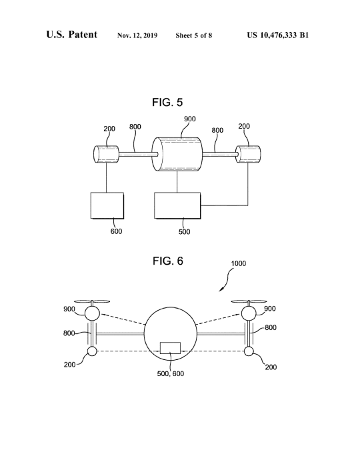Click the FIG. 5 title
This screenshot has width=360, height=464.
(167, 103)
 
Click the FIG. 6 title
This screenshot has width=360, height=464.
(168, 261)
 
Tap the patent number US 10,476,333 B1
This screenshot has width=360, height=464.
(278, 35)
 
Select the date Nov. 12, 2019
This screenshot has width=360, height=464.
(137, 35)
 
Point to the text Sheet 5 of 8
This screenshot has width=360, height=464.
(194, 35)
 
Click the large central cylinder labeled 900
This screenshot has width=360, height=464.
(177, 155)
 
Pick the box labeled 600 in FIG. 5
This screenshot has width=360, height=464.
(107, 205)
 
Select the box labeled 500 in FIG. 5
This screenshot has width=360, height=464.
(177, 205)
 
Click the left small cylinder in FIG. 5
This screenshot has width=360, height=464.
(106, 154)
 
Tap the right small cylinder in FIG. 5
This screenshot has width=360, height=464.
(248, 154)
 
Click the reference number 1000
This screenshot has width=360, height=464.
(239, 263)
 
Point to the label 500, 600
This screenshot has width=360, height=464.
(171, 374)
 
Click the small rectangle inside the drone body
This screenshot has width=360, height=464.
(170, 348)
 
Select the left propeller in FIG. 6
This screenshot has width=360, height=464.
(92, 302)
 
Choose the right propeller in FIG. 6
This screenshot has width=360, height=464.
(249, 302)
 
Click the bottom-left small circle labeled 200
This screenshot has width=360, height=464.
(92, 351)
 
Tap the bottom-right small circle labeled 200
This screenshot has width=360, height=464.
(249, 351)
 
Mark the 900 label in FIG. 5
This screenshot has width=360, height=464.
(190, 119)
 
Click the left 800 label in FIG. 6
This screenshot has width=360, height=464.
(69, 333)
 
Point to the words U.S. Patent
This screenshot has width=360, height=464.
(71, 35)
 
